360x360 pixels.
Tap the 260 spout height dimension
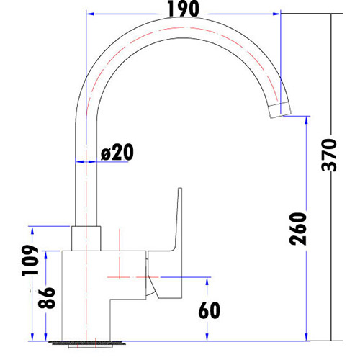coord(297,229)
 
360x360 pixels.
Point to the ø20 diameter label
coord(117,153)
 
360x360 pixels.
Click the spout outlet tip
coord(280,110)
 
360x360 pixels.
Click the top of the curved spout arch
coord(180,29)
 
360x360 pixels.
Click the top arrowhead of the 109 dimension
coord(32,229)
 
